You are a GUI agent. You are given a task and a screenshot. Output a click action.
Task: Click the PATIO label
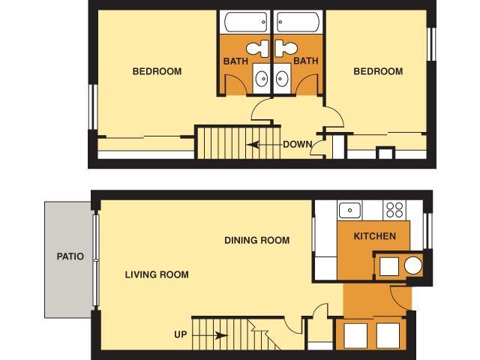(x=70, y=256)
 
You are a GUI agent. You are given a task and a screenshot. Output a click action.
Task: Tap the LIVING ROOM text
(x=157, y=274)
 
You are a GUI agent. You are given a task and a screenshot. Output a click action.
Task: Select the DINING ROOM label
(x=256, y=240)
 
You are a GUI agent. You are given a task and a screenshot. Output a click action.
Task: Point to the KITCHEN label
(x=375, y=236)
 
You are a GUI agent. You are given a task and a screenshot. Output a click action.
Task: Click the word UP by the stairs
(x=180, y=334)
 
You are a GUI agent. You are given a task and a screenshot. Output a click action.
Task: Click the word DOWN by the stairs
(x=298, y=145)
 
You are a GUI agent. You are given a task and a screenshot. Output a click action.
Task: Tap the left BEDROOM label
(x=157, y=71)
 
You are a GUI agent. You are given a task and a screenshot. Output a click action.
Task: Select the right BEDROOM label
(x=378, y=71)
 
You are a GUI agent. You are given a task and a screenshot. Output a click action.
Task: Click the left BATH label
(x=235, y=61)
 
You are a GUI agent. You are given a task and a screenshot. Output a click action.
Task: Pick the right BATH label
(x=306, y=61)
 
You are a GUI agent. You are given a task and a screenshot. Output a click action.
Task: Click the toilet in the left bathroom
(x=258, y=49)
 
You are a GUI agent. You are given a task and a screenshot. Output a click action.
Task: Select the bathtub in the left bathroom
(x=246, y=22)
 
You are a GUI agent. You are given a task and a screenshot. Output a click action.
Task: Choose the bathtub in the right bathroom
(x=298, y=22)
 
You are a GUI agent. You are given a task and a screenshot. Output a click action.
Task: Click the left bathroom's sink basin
(x=261, y=79)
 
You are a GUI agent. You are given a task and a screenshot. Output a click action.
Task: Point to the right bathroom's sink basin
(x=282, y=79)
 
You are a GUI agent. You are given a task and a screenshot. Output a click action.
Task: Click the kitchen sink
(x=349, y=210)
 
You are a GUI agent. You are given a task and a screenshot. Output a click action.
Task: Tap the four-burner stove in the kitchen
(x=394, y=210)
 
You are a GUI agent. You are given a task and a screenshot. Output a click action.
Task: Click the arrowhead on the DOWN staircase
(x=253, y=145)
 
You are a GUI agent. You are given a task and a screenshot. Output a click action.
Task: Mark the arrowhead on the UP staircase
(x=221, y=335)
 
